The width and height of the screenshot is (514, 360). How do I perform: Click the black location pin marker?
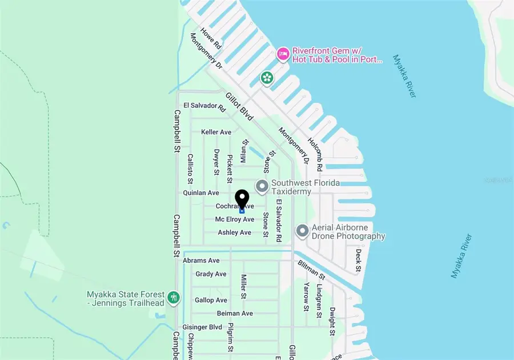tap(242, 199)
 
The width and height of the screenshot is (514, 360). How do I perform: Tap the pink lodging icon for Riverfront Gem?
tap(282, 54)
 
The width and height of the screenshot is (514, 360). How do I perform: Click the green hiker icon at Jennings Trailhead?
tap(175, 298)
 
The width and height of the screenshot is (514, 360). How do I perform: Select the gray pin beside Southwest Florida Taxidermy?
tap(262, 186)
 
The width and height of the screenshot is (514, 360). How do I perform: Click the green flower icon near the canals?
tap(267, 78)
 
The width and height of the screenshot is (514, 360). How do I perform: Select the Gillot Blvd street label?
tap(239, 106)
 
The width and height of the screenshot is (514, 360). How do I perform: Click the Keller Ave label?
tap(216, 132)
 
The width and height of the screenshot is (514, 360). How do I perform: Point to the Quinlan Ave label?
tap(201, 193)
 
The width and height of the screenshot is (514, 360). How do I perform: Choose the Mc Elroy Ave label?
tap(234, 219)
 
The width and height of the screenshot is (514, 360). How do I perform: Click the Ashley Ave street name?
tap(234, 233)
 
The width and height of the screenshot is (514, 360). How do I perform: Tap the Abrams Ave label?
tap(201, 261)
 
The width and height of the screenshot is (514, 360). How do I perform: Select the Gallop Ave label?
tap(211, 300)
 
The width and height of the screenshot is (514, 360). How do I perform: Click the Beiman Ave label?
tap(235, 313)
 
